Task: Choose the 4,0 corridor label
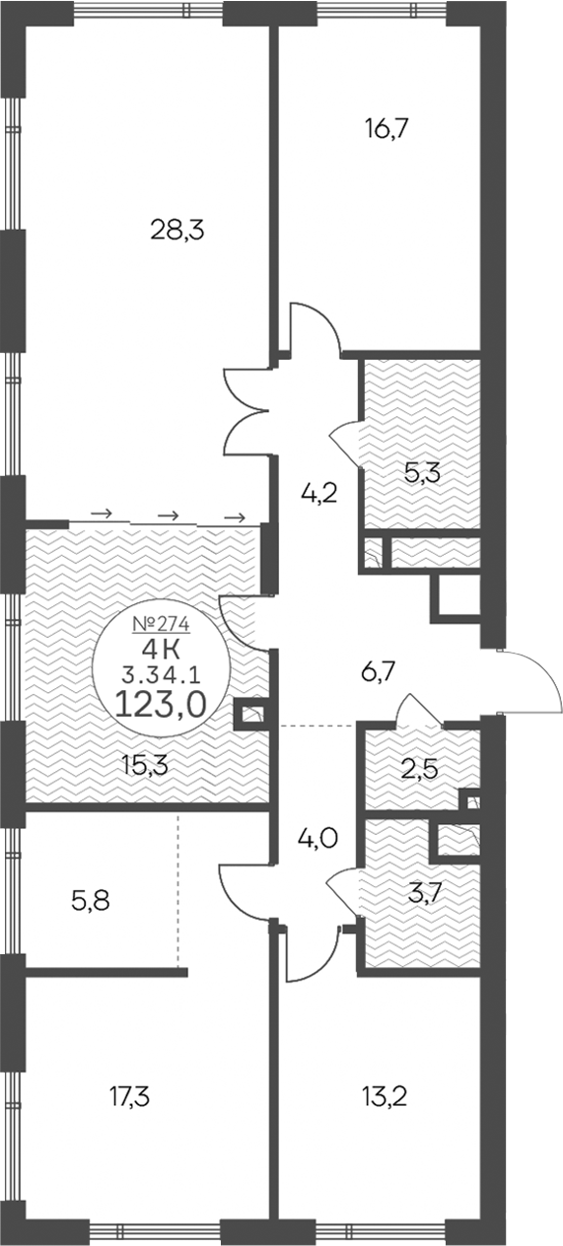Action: (x=318, y=840)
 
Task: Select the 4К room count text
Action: (x=160, y=649)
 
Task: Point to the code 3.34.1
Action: (x=160, y=675)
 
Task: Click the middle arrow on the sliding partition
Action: (x=169, y=515)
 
